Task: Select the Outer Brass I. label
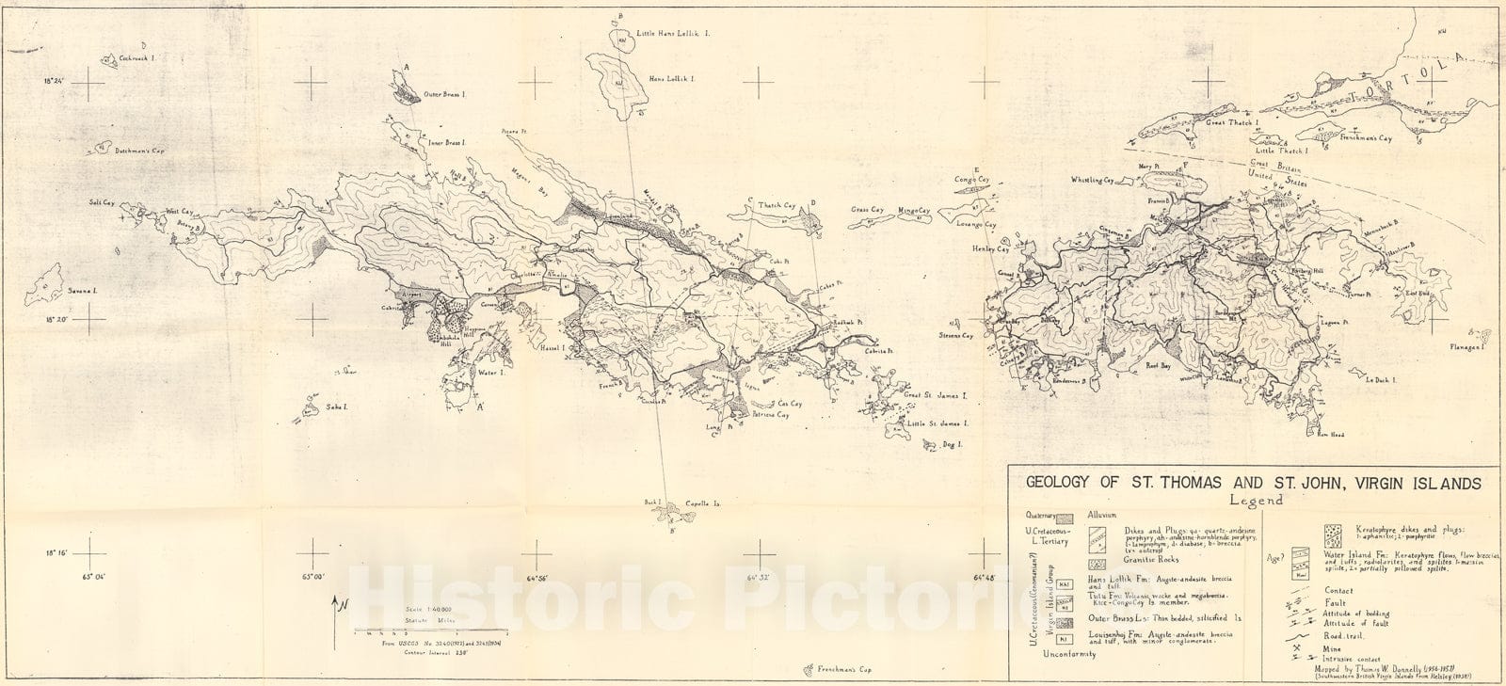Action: coord(445,94)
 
